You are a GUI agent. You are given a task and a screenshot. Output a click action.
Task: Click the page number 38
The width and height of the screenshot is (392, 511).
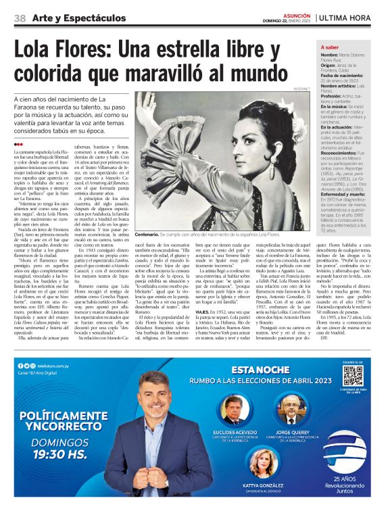(20, 18)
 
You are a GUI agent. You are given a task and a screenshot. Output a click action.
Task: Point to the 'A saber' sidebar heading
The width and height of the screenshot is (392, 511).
(330, 47)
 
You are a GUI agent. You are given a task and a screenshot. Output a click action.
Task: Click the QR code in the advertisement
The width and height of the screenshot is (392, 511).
(352, 375)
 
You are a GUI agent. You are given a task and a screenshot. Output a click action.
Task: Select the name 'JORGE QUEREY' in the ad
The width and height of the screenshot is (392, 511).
(291, 431)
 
